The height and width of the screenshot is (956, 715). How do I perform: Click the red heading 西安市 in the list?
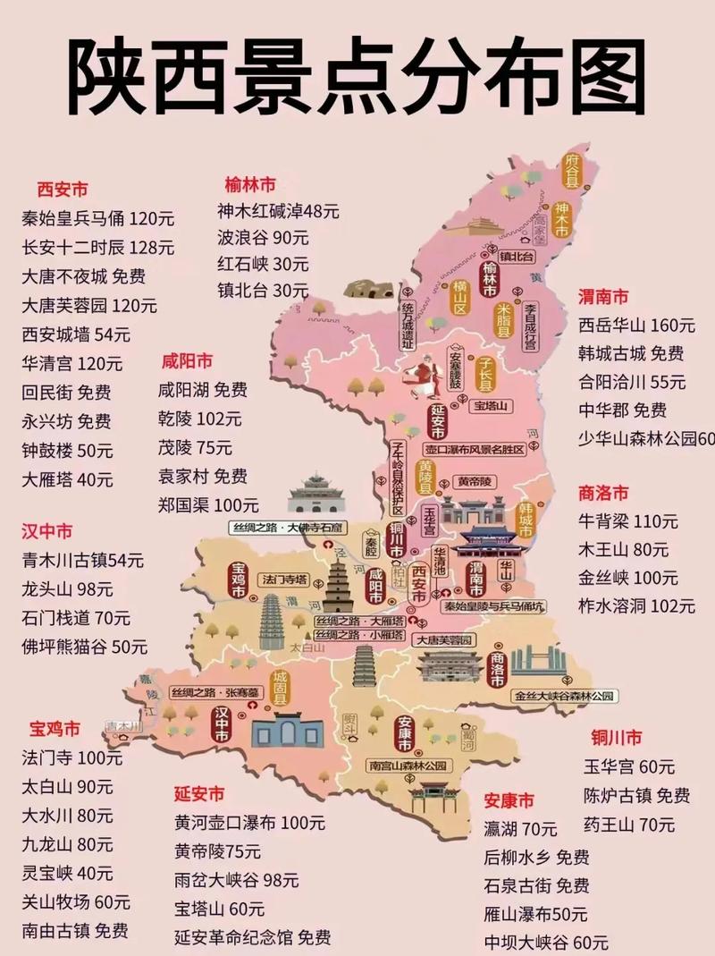[x=63, y=190]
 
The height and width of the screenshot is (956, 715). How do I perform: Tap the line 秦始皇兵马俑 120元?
[x=98, y=218]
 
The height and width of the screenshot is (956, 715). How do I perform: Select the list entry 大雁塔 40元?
[x=68, y=479]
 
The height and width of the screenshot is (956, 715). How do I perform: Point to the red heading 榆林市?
[x=250, y=185]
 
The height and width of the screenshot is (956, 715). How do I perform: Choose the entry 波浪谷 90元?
[x=264, y=238]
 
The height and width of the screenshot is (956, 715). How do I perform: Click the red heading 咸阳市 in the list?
[x=187, y=361]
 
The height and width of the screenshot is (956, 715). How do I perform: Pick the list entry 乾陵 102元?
[x=200, y=419]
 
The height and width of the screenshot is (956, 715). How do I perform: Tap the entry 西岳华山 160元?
[x=636, y=325]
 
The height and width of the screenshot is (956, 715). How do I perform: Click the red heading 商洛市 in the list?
[x=603, y=493]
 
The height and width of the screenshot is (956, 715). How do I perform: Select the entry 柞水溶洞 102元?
[x=636, y=605]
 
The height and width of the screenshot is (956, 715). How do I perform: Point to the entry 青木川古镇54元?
[x=82, y=561]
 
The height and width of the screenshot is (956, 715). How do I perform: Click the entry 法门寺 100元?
[x=72, y=758]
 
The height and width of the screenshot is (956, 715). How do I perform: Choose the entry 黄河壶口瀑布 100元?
[x=249, y=823]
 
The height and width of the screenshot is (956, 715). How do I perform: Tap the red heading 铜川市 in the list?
[x=617, y=738]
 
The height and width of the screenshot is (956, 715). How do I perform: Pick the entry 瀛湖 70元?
[x=521, y=829]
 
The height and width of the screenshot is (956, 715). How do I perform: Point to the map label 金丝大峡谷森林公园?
[x=565, y=695]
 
